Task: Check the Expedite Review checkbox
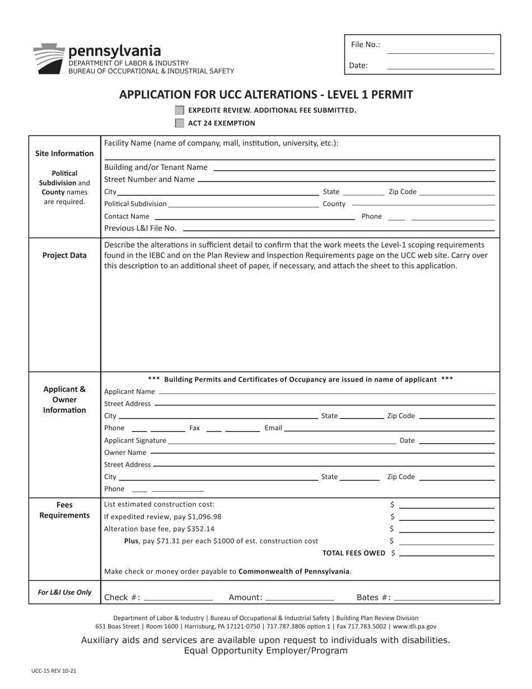coord(179,110)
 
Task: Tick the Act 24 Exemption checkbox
coord(179,123)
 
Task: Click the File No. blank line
coord(441,49)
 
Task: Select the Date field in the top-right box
coord(441,65)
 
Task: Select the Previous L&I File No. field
coord(339,228)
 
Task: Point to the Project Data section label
coord(64,255)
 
